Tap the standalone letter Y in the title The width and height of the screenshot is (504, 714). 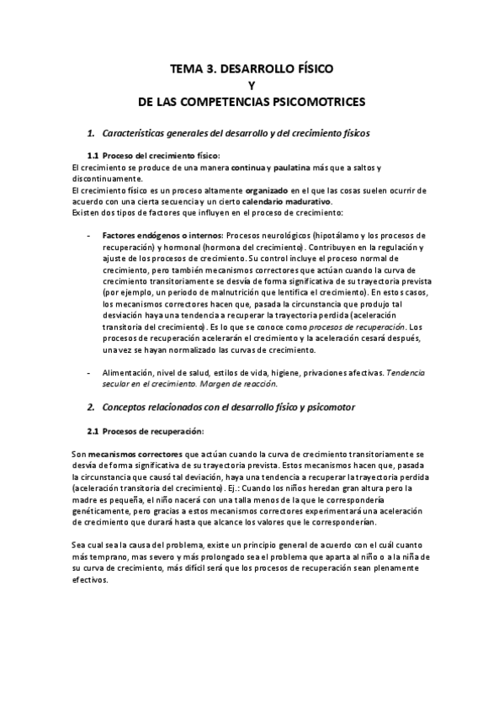click(x=252, y=85)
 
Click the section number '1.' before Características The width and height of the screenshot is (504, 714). click(x=92, y=133)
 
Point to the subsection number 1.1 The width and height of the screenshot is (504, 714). click(x=93, y=156)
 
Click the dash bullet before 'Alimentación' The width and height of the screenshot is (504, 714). click(x=89, y=372)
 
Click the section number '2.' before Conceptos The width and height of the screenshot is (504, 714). click(x=92, y=407)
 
